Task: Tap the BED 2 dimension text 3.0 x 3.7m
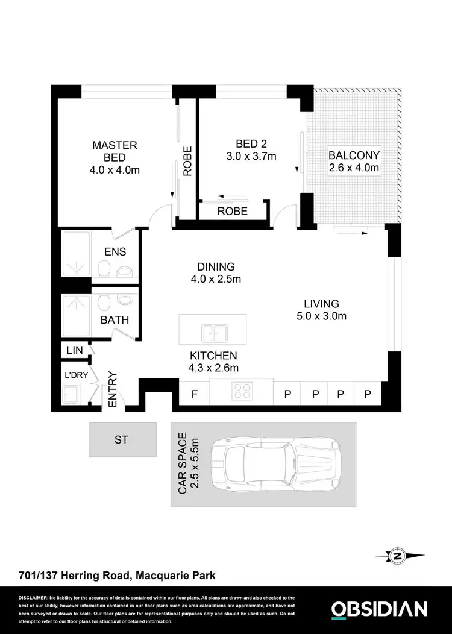251,157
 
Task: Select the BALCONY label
354,155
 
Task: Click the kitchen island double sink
213,331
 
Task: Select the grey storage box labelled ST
122,439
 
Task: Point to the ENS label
115,252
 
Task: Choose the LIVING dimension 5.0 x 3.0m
321,316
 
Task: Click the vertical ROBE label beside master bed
187,161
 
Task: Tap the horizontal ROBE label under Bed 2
233,211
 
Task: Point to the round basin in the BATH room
126,300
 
